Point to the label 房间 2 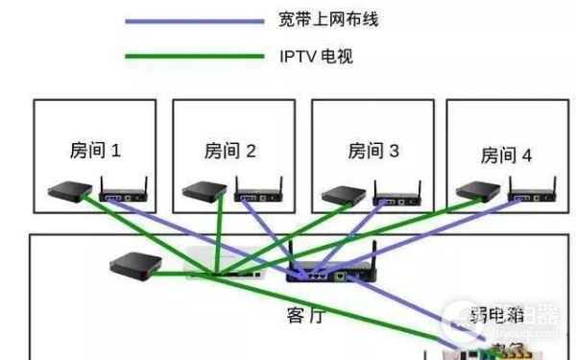pyautogui.click(x=230, y=151)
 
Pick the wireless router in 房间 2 pyautogui.click(x=260, y=197)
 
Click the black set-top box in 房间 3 pyautogui.click(x=341, y=195)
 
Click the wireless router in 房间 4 pyautogui.click(x=534, y=195)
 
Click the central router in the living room pyautogui.click(x=331, y=274)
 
